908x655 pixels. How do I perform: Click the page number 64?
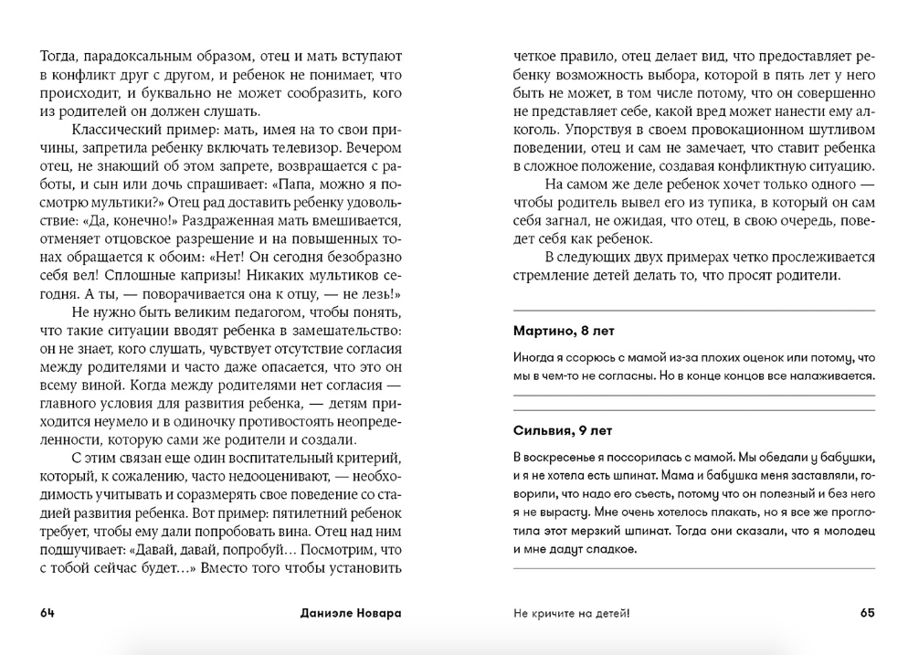(x=48, y=614)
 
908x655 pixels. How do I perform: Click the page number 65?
(x=867, y=614)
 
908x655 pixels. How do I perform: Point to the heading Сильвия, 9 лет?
(x=562, y=429)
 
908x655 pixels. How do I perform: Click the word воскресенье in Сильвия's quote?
(x=566, y=455)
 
